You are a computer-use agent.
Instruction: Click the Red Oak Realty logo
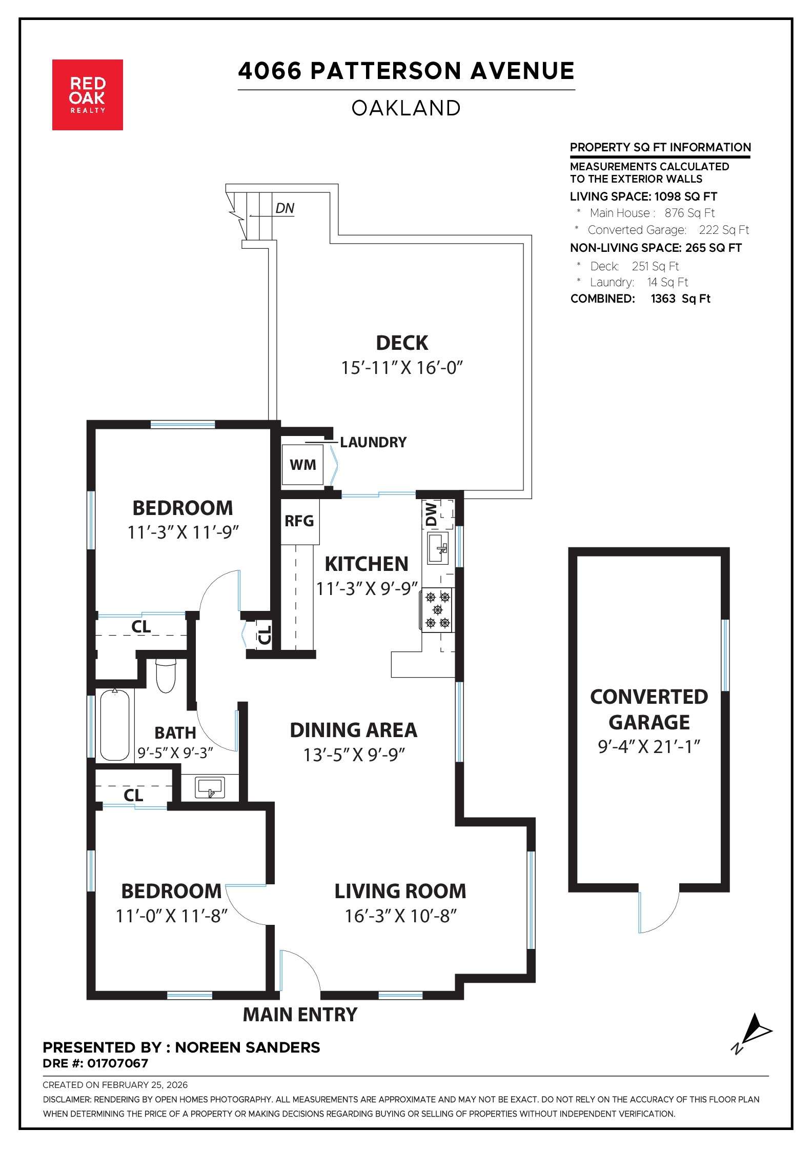point(87,94)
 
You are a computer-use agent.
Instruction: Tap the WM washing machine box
point(302,465)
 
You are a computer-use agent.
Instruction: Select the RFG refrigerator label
point(299,521)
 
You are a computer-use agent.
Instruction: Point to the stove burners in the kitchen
point(438,609)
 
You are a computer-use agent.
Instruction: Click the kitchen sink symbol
point(438,548)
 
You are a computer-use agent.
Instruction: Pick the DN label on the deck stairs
point(285,208)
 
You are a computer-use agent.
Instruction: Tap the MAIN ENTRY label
point(300,1015)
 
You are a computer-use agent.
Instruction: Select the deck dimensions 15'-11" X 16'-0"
point(402,368)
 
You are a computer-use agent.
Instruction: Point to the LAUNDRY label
point(373,442)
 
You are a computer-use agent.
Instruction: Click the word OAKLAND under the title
point(406,108)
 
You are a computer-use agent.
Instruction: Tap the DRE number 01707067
point(118,1063)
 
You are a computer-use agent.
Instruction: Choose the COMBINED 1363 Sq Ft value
point(680,299)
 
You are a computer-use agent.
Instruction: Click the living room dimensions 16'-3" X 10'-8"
point(400,916)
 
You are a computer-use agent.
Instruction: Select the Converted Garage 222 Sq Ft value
point(723,230)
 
